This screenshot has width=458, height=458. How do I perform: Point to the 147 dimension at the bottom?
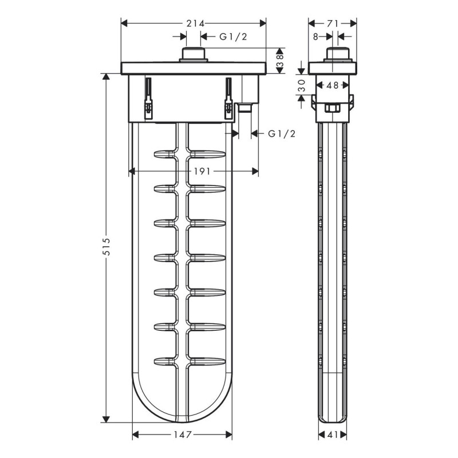pos(182,435)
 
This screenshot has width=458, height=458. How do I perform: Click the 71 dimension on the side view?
pos(333,23)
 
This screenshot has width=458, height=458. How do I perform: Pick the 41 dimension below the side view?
pos(333,435)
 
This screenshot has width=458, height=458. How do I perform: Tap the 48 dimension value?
pos(333,85)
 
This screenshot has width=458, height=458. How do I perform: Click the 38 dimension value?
pos(279,60)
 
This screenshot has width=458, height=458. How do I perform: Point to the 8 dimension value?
pos(315,36)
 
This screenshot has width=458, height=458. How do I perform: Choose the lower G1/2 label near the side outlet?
pos(281,133)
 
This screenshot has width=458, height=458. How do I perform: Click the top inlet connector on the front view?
pos(194,55)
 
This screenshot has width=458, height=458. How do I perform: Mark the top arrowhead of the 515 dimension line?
pos(106,78)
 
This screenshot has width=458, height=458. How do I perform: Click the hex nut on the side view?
pos(333,109)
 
